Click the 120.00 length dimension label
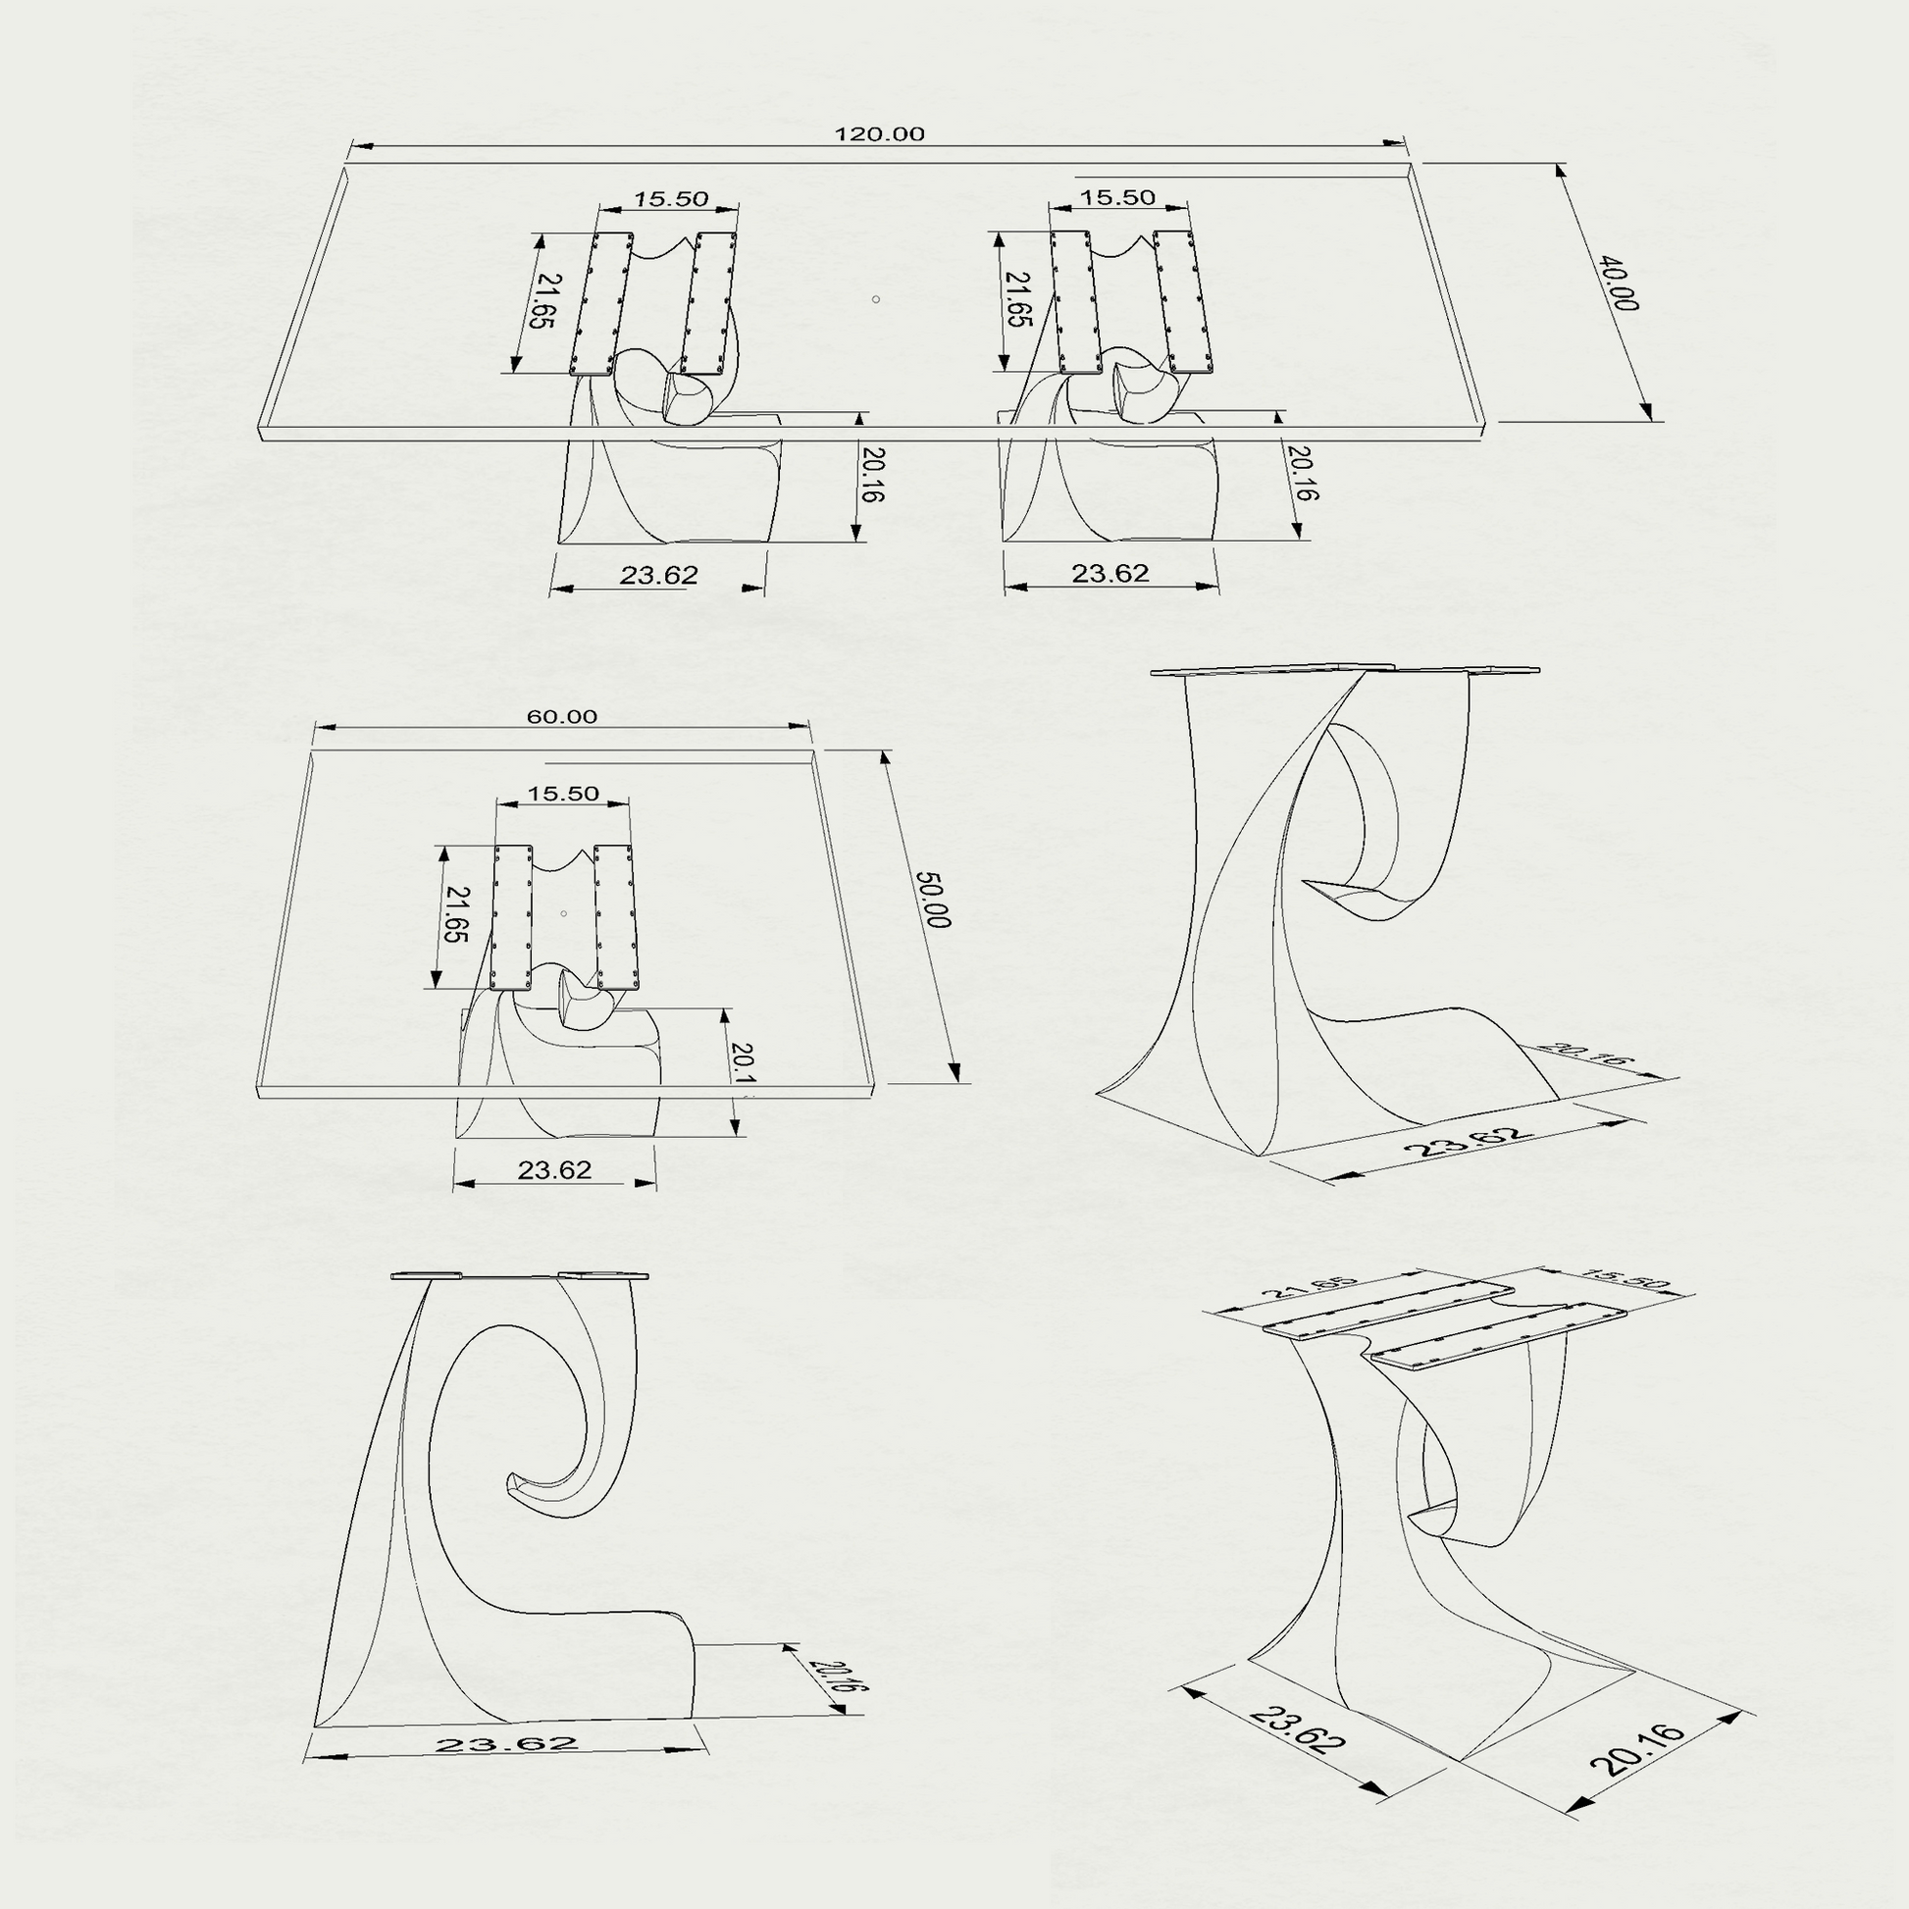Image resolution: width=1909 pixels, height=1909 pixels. (879, 134)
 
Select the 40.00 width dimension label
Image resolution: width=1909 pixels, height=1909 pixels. (1619, 284)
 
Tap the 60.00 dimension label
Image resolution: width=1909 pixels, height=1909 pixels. (561, 716)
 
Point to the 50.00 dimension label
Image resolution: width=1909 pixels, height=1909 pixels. (933, 900)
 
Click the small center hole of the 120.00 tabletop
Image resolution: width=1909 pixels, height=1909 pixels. (875, 299)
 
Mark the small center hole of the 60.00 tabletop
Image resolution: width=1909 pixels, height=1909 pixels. (563, 913)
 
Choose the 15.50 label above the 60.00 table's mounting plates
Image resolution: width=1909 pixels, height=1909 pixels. (563, 794)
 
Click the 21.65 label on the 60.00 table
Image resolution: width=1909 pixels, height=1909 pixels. (455, 914)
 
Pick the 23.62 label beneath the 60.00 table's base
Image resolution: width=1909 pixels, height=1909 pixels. (554, 1170)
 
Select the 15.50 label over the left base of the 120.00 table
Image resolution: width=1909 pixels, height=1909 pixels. (671, 198)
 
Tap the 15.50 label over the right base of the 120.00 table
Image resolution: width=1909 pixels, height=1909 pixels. (1117, 197)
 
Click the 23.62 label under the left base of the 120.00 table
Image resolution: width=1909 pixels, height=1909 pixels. (659, 575)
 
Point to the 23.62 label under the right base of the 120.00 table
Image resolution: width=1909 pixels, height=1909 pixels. (1110, 573)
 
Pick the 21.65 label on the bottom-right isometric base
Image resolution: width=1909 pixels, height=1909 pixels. (1311, 1288)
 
